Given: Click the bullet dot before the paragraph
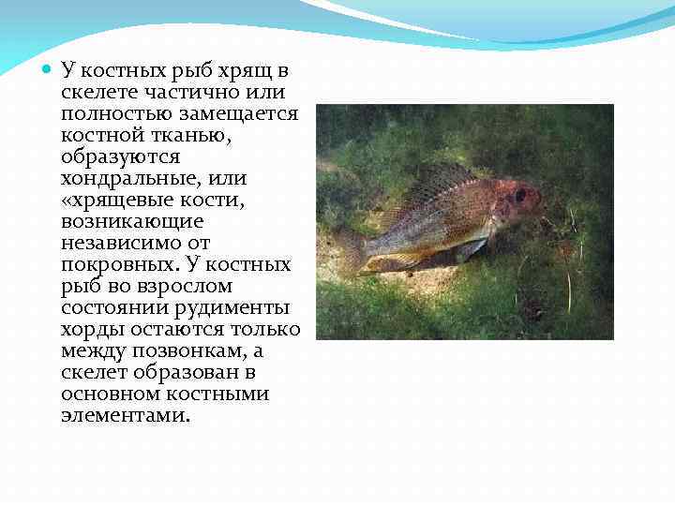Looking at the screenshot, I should tap(49, 69).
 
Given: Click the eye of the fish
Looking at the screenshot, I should tap(520, 196).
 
